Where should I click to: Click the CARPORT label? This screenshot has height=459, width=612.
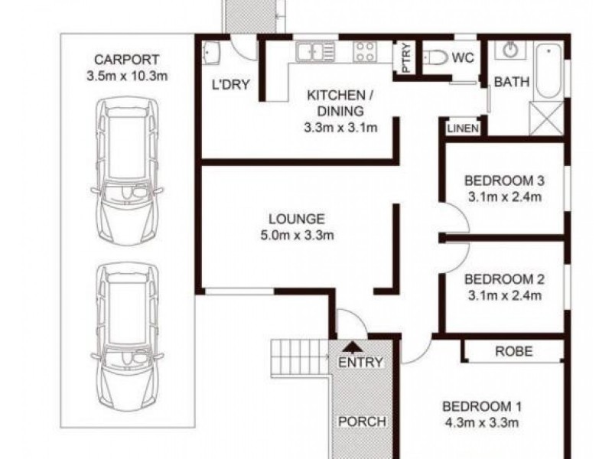click(x=128, y=60)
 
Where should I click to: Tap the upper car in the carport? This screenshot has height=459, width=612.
click(x=128, y=172)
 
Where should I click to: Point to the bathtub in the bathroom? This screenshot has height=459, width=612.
click(x=548, y=72)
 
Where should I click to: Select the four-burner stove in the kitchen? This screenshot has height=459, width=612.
click(x=364, y=52)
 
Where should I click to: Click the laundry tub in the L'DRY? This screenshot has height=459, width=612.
click(x=212, y=54)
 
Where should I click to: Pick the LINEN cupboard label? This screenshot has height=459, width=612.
click(x=463, y=129)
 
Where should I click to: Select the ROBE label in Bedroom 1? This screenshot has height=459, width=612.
click(x=513, y=352)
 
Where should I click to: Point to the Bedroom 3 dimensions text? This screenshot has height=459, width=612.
click(x=504, y=197)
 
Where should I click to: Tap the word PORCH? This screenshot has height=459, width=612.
click(x=363, y=422)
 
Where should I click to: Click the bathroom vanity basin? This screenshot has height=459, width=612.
click(x=510, y=50)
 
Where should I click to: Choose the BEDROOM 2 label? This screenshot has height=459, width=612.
click(x=504, y=278)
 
